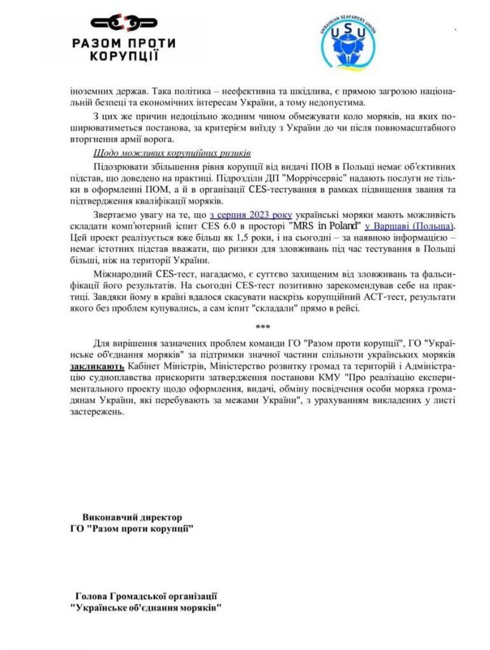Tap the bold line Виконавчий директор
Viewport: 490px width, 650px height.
click(x=132, y=517)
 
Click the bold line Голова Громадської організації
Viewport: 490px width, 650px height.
click(x=146, y=596)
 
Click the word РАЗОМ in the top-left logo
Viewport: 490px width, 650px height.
click(x=104, y=43)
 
